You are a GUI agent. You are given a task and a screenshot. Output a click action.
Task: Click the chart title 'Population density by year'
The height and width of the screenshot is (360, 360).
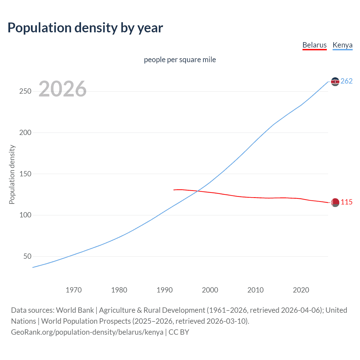tap(85, 28)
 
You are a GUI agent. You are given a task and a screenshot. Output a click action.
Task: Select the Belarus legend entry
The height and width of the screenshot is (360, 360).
tap(314, 45)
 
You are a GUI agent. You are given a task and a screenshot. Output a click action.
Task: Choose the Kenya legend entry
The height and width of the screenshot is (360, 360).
tap(342, 45)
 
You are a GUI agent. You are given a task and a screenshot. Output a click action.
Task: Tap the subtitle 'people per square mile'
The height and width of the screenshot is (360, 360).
tap(180, 60)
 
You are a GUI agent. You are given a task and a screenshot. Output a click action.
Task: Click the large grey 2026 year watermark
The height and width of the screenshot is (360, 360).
tap(62, 89)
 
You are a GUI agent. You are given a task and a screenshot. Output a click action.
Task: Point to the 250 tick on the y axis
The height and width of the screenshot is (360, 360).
tap(25, 91)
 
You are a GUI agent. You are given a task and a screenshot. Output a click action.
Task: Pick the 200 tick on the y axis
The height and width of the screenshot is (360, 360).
tap(25, 132)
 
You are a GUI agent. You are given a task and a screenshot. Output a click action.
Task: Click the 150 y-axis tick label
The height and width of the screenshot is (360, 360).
tap(25, 174)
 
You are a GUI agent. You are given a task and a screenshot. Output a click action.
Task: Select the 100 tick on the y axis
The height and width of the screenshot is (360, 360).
tap(25, 215)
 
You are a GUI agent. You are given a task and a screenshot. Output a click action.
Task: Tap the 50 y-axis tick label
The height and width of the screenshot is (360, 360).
tap(27, 256)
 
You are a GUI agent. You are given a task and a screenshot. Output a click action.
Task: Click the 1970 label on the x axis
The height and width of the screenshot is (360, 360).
tap(74, 290)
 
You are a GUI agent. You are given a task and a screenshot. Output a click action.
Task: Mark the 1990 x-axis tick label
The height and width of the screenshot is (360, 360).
tap(165, 290)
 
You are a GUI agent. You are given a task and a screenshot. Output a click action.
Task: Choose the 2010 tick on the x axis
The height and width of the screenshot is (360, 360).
tap(255, 290)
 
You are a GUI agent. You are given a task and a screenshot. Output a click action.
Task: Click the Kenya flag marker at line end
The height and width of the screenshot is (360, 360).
tap(335, 82)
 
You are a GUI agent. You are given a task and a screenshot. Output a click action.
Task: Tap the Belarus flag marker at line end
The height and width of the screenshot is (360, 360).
tap(335, 202)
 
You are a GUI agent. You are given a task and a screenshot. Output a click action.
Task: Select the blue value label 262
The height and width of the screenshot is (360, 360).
tap(346, 81)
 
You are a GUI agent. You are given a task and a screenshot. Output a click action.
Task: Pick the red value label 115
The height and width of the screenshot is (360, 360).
tap(346, 202)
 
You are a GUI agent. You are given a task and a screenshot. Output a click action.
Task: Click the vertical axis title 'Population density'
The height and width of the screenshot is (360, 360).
tap(12, 174)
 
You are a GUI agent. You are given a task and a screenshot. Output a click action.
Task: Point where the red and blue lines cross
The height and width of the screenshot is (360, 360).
tap(197, 191)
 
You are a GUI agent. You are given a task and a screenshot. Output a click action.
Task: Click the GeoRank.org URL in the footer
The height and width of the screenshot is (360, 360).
tap(87, 332)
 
